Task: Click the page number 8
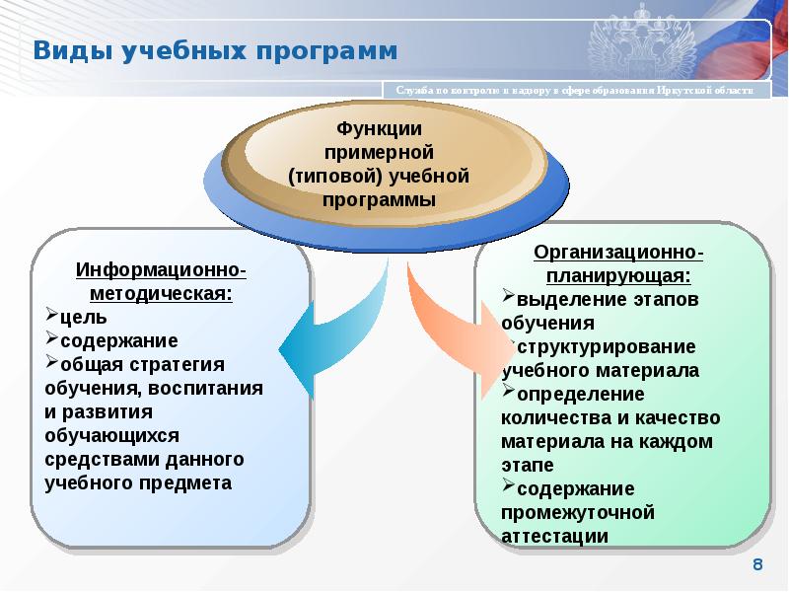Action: click(x=758, y=564)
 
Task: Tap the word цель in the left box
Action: click(x=76, y=318)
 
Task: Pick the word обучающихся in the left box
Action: click(x=109, y=435)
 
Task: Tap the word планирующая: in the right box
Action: click(x=619, y=276)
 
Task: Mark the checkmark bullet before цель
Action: click(x=52, y=317)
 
